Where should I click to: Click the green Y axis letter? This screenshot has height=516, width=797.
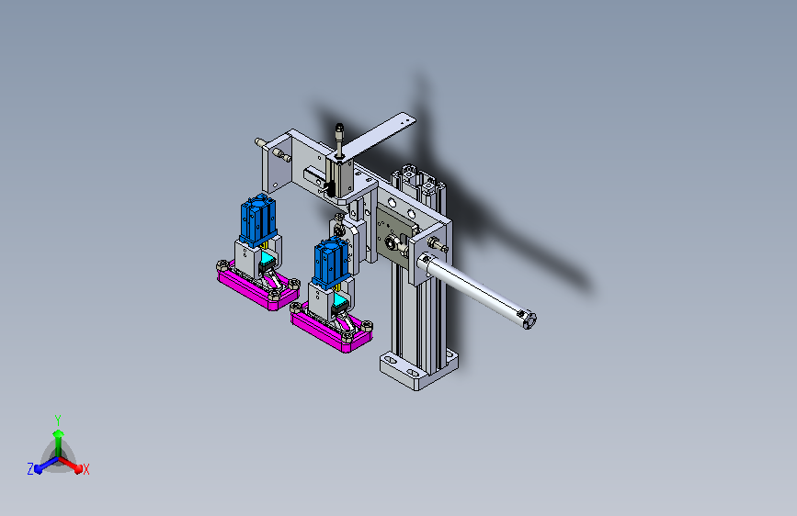pos(58,420)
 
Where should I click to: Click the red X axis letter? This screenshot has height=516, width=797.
pos(85,469)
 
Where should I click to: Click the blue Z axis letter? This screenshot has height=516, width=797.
pos(30,469)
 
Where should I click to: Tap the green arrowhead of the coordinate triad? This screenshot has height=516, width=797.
pos(59,433)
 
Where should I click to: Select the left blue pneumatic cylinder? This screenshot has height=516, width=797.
pos(258,219)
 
